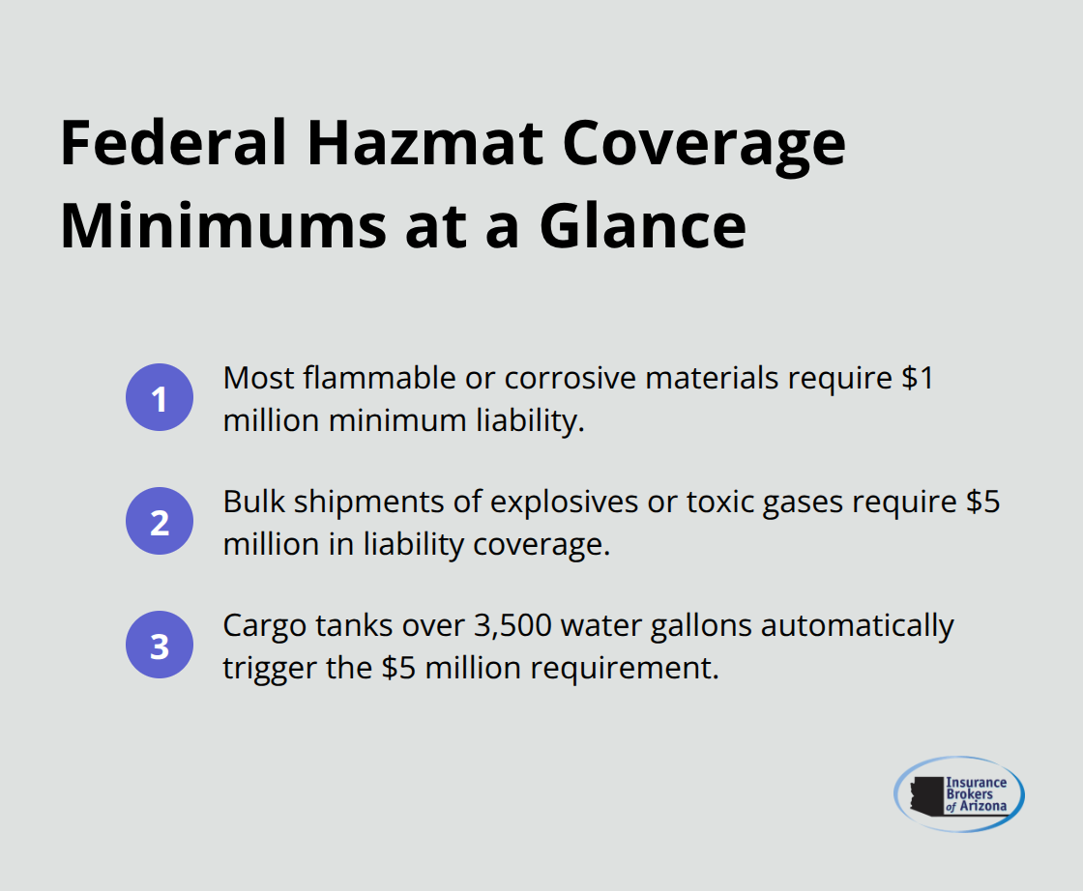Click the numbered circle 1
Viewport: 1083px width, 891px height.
pos(160,398)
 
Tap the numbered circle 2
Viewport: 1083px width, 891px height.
pos(160,522)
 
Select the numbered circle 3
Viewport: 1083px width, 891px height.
pos(160,646)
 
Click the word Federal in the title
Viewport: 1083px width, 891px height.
pos(173,145)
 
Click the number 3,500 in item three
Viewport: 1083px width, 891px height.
pos(516,626)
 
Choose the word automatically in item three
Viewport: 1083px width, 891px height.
pos(860,626)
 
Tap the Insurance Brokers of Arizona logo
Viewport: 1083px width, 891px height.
pos(958,793)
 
